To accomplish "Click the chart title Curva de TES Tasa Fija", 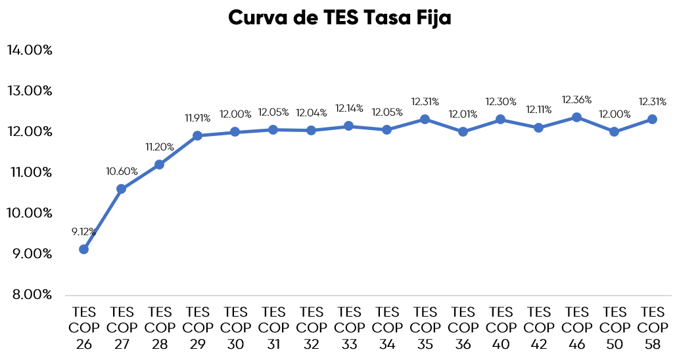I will tap(339, 18).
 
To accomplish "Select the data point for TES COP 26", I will tap(83, 249).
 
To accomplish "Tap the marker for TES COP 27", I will tap(121, 189).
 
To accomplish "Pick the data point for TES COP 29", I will tap(197, 135).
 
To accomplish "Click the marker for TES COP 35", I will tap(425, 119).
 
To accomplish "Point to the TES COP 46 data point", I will tap(576, 117).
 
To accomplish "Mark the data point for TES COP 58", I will tap(652, 119).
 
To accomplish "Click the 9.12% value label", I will tap(84, 231).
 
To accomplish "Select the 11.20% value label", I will tap(160, 146).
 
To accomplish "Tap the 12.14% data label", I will tap(349, 108).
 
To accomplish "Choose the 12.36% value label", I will tap(576, 100).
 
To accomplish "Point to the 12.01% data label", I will tap(463, 114).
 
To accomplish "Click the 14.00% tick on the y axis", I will tap(30, 51).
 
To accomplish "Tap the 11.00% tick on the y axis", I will tap(30, 172).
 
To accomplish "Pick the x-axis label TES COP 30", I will tap(235, 326).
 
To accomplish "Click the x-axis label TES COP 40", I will tap(501, 326).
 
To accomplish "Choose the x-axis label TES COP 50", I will tap(615, 326).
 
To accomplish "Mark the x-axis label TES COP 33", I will tap(349, 326).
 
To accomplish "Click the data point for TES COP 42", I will tap(538, 127).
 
